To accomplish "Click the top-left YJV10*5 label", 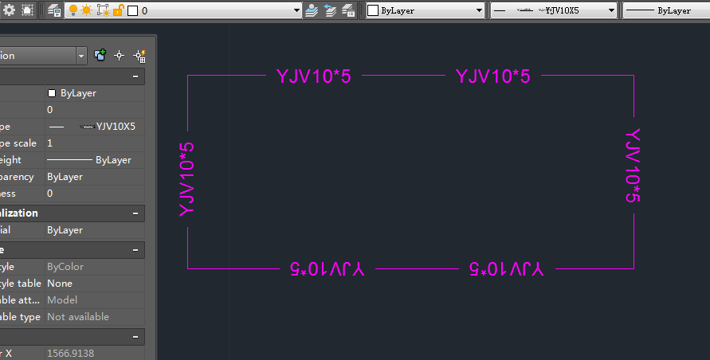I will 313,76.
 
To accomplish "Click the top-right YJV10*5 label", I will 492,76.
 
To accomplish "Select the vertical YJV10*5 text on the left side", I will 187,179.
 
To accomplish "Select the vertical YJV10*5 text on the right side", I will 633,166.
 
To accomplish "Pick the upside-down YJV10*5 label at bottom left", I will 327,268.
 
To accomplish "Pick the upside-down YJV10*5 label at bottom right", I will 506,268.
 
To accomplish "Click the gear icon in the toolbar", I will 9,10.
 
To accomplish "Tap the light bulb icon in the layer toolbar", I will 73,10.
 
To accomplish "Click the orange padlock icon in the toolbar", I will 118,10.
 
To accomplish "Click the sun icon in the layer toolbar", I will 86,10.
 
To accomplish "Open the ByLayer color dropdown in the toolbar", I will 426,10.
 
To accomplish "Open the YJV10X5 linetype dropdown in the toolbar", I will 555,10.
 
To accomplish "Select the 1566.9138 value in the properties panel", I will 70,353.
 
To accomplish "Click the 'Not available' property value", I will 78,317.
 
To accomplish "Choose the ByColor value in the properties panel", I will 65,267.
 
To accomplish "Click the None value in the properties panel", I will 60,284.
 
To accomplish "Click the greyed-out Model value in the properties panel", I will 62,300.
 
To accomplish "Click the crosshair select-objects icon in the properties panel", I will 120,55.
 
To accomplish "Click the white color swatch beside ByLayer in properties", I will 52,93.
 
